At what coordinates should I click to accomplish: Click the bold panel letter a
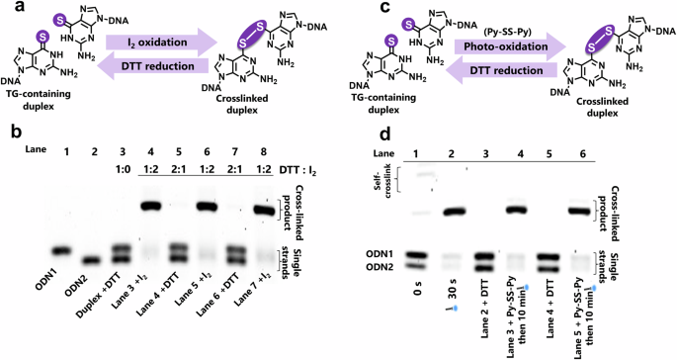8,9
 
